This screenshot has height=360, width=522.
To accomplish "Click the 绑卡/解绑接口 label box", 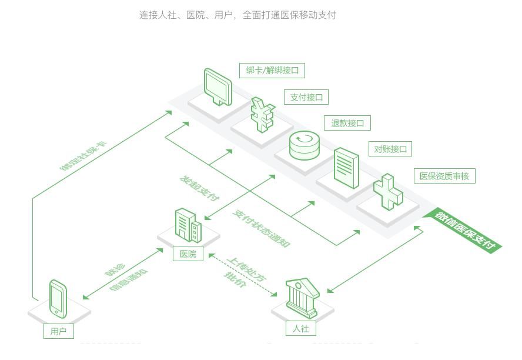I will [272, 71].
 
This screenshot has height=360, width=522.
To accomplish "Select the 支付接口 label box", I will [306, 97].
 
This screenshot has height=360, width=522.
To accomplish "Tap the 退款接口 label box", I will [347, 123].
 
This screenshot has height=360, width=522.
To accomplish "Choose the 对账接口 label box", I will [390, 149].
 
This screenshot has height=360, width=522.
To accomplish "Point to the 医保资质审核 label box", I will [444, 176].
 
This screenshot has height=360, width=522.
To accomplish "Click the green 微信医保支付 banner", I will [464, 230].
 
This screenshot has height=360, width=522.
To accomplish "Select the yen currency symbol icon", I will [262, 114].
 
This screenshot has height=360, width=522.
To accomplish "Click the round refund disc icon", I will [304, 145].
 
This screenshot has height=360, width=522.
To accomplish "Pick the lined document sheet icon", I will [346, 168].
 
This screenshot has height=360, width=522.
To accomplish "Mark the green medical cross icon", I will [389, 192].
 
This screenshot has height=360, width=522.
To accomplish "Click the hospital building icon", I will [188, 225].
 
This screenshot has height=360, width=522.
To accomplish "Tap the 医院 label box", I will [188, 254].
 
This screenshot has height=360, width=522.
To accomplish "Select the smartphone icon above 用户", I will [58, 299].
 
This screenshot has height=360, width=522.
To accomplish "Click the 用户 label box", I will [58, 331].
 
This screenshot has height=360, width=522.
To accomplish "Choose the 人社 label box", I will [300, 328].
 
